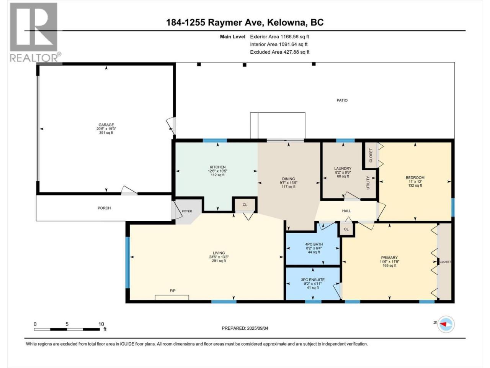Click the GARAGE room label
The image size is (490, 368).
pos(106,125)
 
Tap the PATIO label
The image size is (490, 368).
pos(342,100)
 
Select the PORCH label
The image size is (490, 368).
pos(104,208)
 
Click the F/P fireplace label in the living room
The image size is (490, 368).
pos(173,291)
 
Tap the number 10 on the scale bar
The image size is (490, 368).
pos(101,324)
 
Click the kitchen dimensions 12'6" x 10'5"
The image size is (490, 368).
pos(218,171)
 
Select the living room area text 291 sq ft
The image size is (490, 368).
pos(219,261)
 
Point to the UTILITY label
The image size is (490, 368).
pos(368,183)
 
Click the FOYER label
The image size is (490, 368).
pos(187,211)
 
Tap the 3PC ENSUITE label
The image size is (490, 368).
pos(313,280)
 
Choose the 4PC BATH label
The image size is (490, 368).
pos(314,244)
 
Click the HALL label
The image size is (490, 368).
pos(347,211)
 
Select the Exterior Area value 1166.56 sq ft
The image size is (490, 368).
pos(295,37)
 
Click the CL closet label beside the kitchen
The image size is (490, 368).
pos(245,205)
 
